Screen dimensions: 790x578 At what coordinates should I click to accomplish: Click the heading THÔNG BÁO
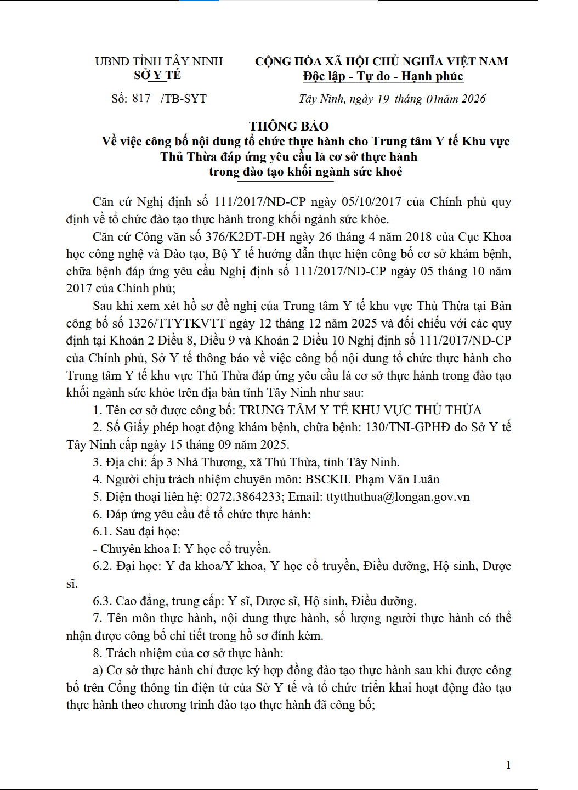click(x=288, y=126)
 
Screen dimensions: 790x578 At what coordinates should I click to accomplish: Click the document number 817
click(x=141, y=98)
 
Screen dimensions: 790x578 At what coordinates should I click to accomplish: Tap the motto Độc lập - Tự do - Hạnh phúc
click(x=383, y=76)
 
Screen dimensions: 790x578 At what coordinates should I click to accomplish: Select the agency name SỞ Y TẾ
click(x=157, y=75)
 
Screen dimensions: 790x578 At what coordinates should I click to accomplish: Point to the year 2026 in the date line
click(x=473, y=99)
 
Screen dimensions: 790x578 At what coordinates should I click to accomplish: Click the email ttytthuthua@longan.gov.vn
click(x=398, y=497)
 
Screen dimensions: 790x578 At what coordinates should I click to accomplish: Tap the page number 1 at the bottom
click(x=508, y=765)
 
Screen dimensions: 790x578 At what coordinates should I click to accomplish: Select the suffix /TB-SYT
click(x=184, y=99)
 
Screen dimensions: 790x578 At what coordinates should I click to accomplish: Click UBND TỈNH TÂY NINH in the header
click(x=158, y=61)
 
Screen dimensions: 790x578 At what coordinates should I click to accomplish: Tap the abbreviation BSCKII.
click(x=327, y=479)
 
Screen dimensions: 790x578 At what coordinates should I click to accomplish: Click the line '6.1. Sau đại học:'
click(x=136, y=532)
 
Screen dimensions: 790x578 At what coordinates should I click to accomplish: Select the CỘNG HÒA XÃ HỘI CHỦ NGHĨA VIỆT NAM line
click(x=381, y=61)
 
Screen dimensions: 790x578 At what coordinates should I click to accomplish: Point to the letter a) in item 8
click(x=98, y=670)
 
